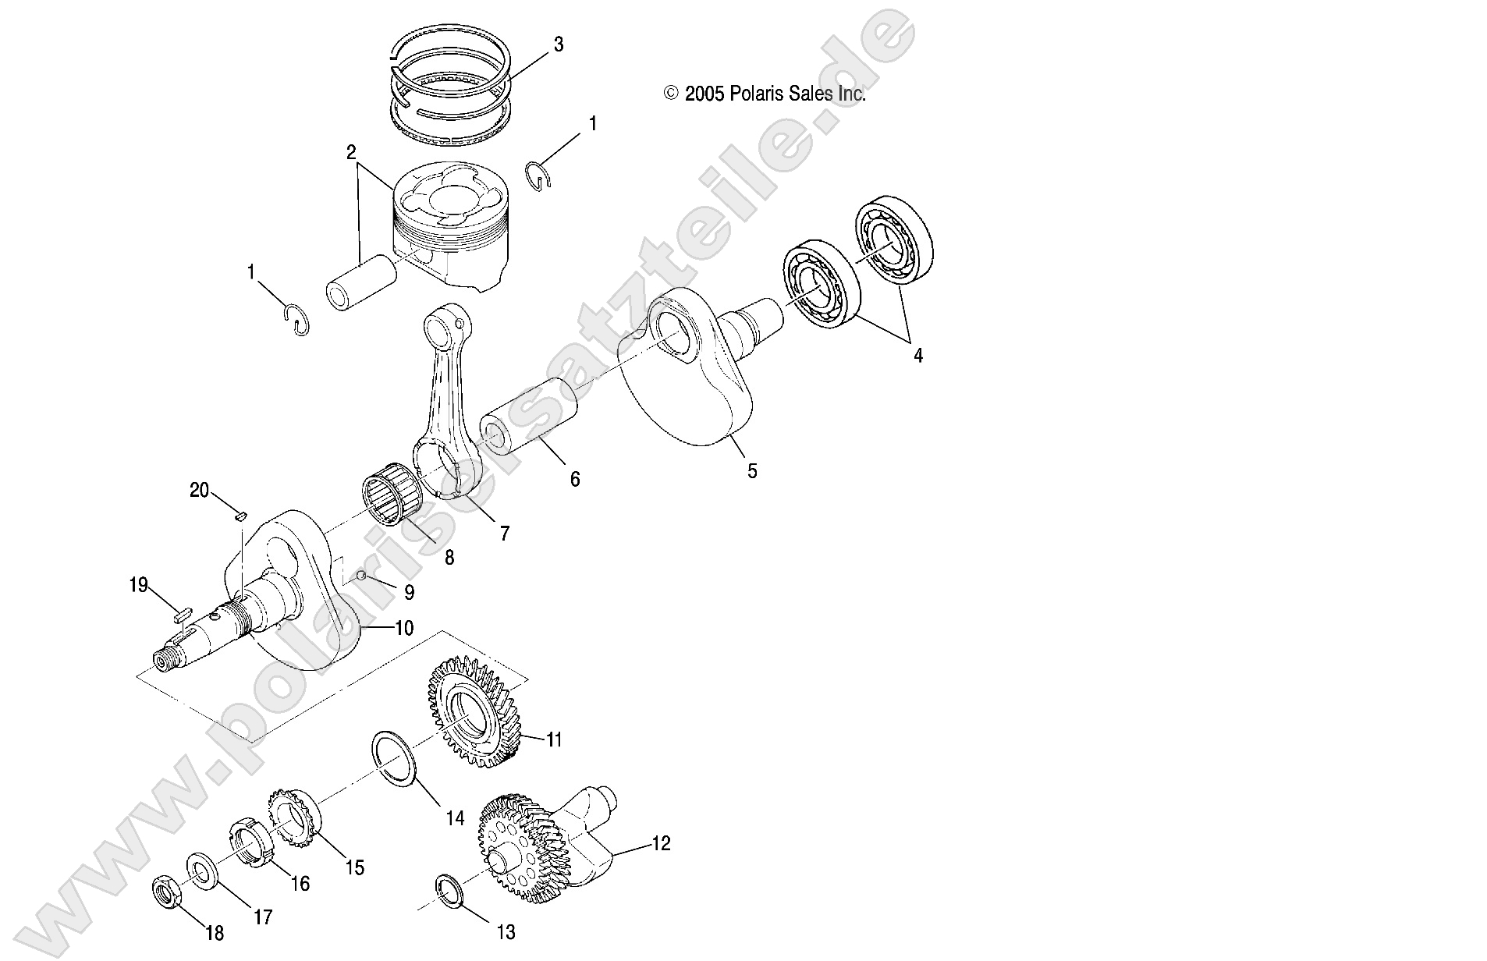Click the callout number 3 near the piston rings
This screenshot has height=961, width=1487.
pos(558,44)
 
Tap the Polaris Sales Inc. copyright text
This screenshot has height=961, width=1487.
pos(765,94)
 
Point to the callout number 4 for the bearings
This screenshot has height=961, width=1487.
pos(918,356)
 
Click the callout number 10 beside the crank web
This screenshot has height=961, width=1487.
pos(404,628)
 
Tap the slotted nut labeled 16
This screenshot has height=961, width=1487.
pos(250,856)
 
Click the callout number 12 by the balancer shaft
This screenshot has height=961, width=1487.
pos(660,844)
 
